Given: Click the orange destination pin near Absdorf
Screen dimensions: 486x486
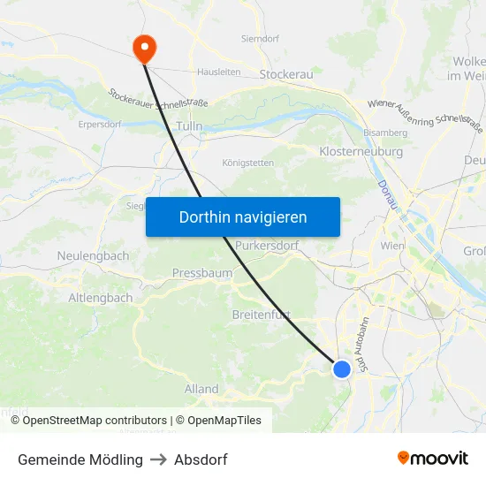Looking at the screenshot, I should pyautogui.click(x=143, y=48).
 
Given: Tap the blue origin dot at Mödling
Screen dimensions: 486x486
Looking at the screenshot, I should pyautogui.click(x=342, y=368).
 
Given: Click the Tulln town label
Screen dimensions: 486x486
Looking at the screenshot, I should pyautogui.click(x=190, y=127).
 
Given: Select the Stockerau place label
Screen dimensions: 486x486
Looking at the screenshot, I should pyautogui.click(x=286, y=74).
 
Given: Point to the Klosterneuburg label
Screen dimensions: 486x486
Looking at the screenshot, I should pyautogui.click(x=361, y=151).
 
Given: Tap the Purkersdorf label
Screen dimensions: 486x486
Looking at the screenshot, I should pyautogui.click(x=267, y=245).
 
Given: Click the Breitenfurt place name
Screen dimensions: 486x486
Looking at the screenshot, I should pyautogui.click(x=261, y=315).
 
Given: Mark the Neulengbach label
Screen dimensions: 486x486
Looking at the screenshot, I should pyautogui.click(x=93, y=255).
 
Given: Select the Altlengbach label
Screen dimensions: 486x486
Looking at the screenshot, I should pyautogui.click(x=101, y=298).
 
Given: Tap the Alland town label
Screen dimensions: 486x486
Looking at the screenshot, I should pyautogui.click(x=201, y=389).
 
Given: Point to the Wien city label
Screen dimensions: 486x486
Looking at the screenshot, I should pyautogui.click(x=391, y=245).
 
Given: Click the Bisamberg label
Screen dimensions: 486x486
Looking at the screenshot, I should pyautogui.click(x=386, y=133).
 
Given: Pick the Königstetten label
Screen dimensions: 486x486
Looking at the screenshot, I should pyautogui.click(x=247, y=163).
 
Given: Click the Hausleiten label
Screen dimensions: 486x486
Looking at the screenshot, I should pyautogui.click(x=218, y=72).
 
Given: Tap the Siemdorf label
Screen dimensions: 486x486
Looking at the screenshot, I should pyautogui.click(x=260, y=39).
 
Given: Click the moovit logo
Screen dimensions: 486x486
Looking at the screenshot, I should pyautogui.click(x=432, y=459).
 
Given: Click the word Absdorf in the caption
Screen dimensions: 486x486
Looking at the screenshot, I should pyautogui.click(x=201, y=459).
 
